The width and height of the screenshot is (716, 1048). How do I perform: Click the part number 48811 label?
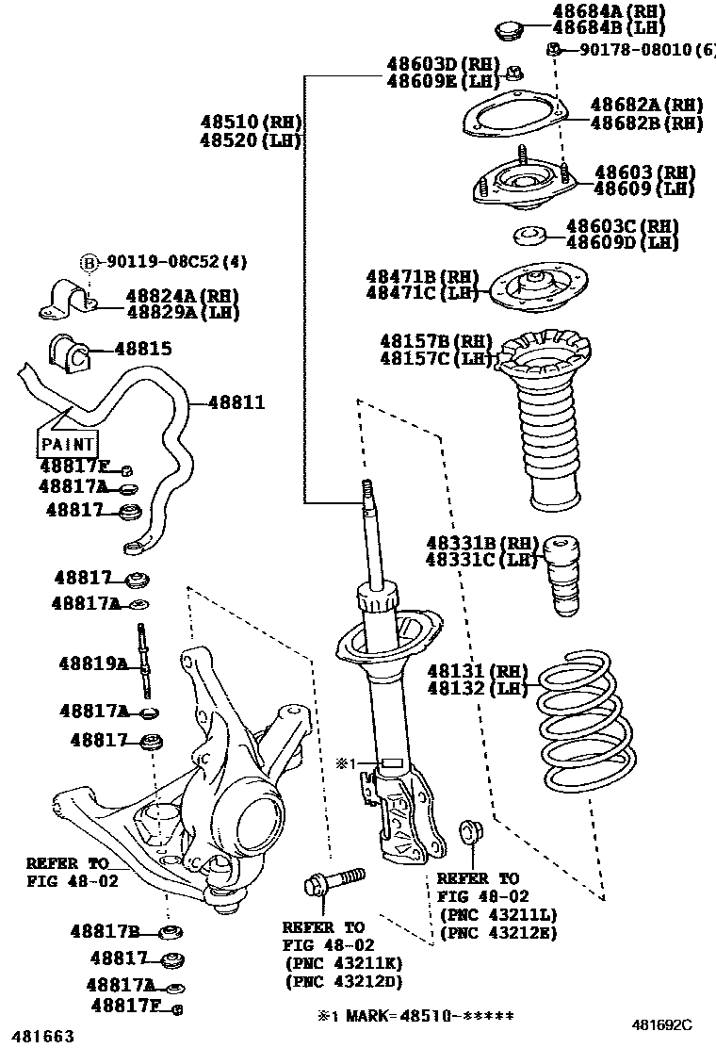(236, 403)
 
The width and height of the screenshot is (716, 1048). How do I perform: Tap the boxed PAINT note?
(68, 443)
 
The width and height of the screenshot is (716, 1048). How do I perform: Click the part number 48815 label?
(143, 349)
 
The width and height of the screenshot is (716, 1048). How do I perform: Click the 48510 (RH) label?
(250, 122)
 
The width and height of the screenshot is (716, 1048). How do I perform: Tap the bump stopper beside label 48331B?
(563, 575)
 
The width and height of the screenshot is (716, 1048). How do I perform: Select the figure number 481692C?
(661, 1023)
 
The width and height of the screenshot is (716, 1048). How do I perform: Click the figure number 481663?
(39, 1037)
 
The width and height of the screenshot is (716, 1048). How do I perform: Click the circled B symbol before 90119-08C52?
(89, 262)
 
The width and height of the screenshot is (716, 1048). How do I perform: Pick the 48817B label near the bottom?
(106, 932)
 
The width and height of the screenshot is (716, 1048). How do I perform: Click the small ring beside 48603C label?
(530, 235)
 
